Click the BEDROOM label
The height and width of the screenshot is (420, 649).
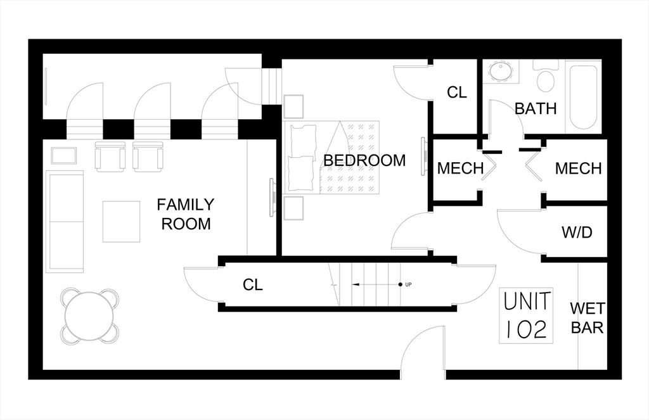[364, 160]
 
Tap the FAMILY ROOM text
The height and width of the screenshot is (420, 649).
[186, 214]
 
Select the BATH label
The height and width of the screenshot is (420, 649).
[536, 109]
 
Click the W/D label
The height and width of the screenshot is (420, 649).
[577, 232]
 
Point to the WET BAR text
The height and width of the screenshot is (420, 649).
[588, 318]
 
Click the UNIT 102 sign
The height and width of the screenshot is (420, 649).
[526, 315]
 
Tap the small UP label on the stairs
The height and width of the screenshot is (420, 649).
[408, 284]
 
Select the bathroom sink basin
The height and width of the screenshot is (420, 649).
[501, 71]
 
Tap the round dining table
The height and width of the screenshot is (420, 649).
[89, 315]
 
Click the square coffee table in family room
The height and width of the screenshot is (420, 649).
[121, 221]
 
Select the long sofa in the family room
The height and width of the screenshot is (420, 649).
[65, 221]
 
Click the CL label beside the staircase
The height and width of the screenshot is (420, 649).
[252, 284]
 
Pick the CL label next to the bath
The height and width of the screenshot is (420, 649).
[456, 92]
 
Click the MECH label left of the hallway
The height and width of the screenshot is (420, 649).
[460, 169]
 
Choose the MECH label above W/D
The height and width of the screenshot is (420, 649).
[578, 169]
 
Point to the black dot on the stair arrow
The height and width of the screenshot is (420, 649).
[401, 284]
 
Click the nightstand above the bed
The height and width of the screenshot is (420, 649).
[293, 107]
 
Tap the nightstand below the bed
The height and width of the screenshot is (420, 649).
[293, 208]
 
